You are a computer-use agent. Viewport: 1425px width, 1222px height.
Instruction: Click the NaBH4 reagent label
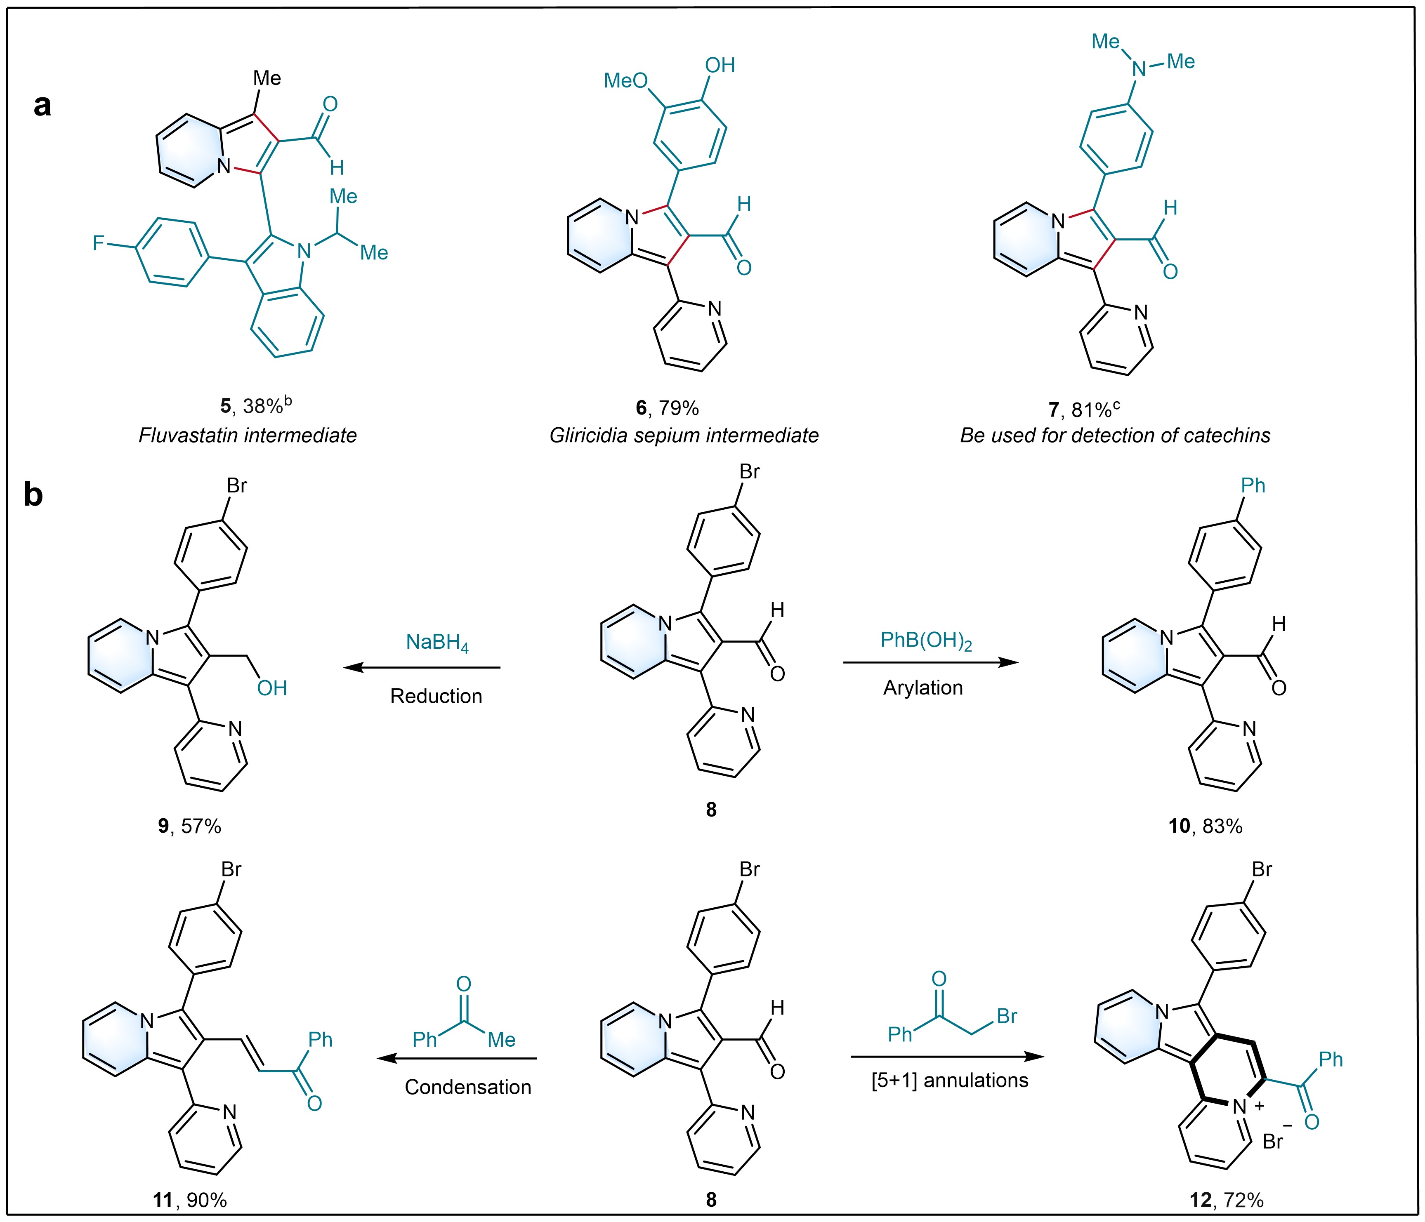click(x=437, y=643)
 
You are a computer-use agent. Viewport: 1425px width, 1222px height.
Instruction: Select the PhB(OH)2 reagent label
click(x=926, y=642)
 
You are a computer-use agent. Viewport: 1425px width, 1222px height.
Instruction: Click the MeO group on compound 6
click(x=626, y=81)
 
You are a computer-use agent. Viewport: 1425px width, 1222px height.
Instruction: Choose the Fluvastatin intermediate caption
click(x=248, y=435)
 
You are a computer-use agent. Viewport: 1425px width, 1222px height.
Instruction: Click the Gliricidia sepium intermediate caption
click(x=684, y=435)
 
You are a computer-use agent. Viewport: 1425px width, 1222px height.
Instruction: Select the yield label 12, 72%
click(x=1227, y=1201)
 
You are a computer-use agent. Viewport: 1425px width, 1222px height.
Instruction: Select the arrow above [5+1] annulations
click(x=947, y=1057)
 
